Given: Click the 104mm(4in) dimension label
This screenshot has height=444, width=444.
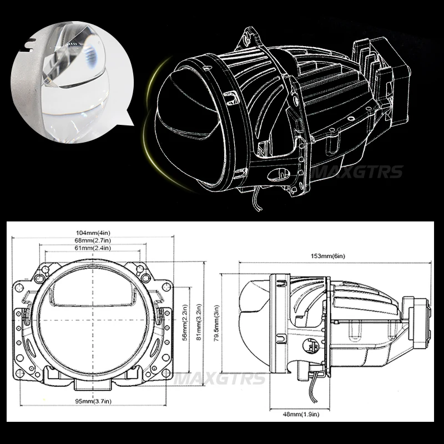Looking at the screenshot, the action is point(93,233).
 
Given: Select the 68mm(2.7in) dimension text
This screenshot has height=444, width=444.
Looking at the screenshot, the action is point(93,240).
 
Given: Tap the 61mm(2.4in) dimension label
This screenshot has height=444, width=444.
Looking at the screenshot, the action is point(93,248).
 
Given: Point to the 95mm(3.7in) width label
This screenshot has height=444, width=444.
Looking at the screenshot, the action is point(93,401).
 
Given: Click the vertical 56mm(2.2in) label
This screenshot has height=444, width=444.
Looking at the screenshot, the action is point(185,322).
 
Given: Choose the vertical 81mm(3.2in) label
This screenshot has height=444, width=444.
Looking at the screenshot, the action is point(199,322).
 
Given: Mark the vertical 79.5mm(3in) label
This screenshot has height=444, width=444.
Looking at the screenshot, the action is point(216,323).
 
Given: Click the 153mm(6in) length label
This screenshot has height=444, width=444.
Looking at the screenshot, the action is point(328,256).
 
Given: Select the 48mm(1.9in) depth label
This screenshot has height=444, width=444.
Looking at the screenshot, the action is point(301,414).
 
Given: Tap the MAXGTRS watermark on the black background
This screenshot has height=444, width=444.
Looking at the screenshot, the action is point(357,172).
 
